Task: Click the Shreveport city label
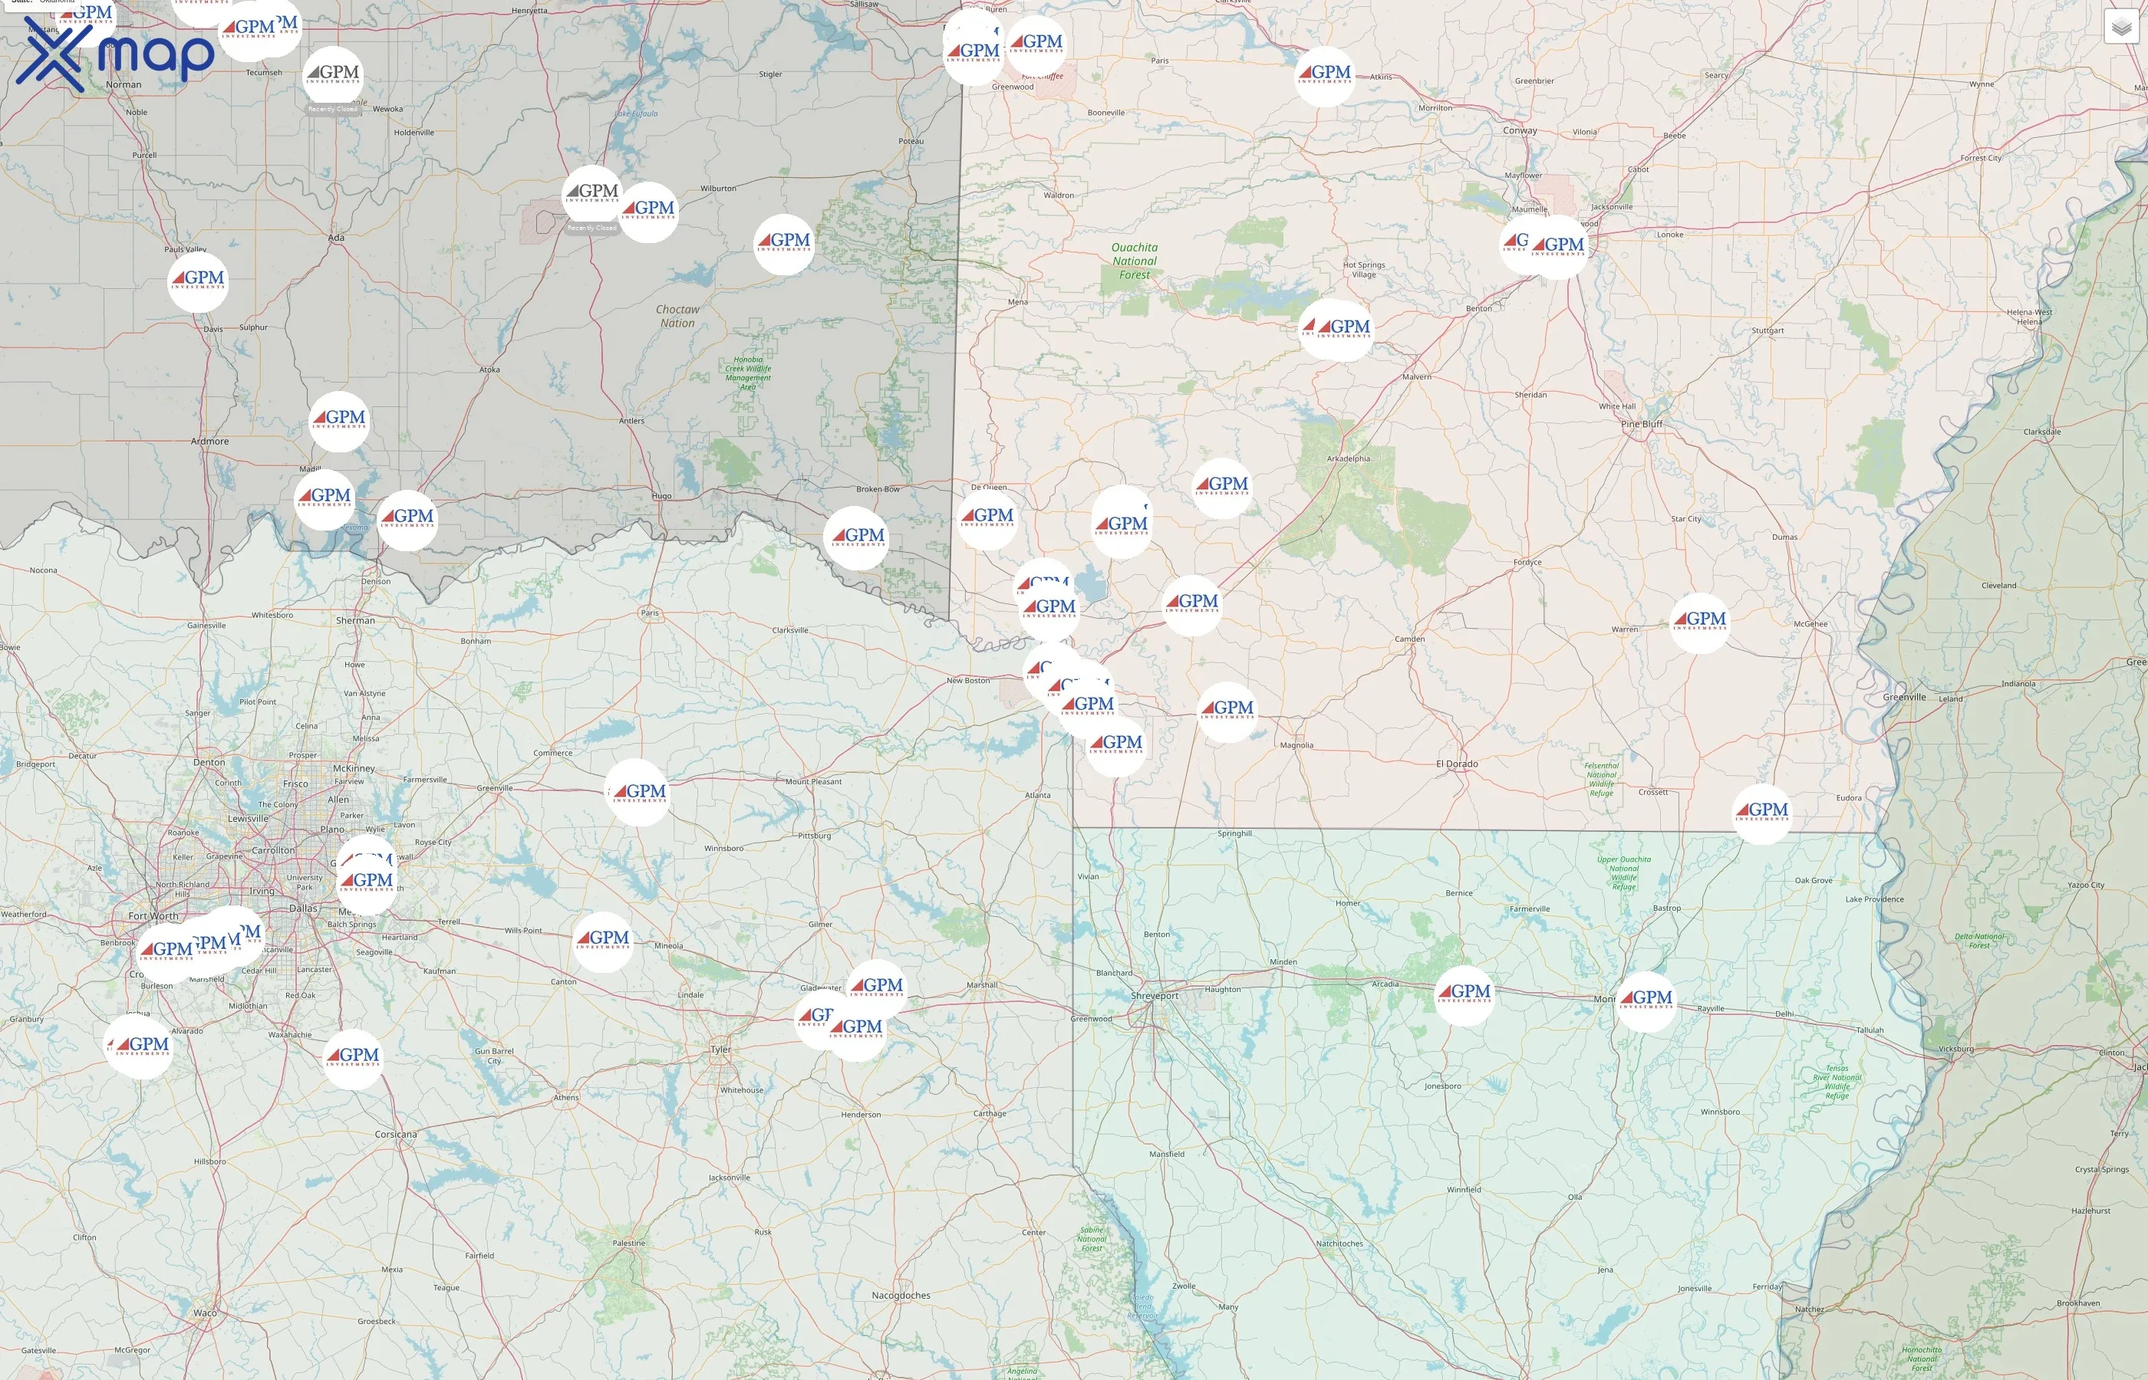[1155, 996]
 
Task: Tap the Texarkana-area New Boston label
[968, 680]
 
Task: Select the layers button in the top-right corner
[2120, 27]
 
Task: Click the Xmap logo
[115, 54]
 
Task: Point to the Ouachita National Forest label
[1134, 261]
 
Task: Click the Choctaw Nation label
[677, 315]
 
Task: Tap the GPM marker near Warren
[1699, 621]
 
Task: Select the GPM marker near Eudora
[1761, 812]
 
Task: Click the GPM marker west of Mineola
[602, 940]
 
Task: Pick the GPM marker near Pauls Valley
[198, 281]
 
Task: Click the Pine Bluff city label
[1642, 424]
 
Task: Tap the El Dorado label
[1457, 764]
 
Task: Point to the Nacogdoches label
[901, 1295]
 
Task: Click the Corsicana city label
[395, 1134]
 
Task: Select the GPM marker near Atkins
[1324, 75]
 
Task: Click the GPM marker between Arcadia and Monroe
[1464, 994]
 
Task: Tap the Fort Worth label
[153, 916]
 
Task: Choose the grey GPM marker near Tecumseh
[333, 75]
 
